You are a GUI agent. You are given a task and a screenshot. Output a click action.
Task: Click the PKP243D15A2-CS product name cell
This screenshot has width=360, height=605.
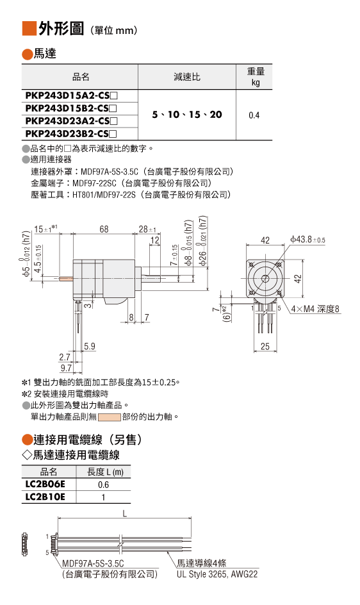point(79,95)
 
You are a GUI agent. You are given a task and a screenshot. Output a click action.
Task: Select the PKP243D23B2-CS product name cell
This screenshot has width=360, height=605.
point(79,134)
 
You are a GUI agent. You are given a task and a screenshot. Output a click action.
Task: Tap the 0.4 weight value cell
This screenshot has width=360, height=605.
point(254,115)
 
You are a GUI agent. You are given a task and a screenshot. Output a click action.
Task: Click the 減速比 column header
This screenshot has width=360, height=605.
point(187,77)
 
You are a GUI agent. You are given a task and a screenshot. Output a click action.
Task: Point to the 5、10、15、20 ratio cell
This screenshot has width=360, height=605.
point(187,115)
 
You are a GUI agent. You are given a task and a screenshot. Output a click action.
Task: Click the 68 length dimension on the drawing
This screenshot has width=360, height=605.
point(104,229)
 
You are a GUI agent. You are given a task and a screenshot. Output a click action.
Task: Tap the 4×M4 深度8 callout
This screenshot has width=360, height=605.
point(315,309)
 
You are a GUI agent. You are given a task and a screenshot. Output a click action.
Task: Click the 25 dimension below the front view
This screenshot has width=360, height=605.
point(265,346)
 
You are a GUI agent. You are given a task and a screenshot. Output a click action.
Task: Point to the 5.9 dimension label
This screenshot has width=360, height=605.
point(90,346)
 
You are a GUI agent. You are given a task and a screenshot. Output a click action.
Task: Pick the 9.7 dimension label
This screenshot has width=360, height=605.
point(66,368)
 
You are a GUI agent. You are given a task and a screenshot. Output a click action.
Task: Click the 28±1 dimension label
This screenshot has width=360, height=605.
point(147,229)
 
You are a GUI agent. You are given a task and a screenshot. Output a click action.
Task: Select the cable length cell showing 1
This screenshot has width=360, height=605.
point(103,497)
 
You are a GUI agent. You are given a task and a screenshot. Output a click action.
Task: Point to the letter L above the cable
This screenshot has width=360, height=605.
point(125,513)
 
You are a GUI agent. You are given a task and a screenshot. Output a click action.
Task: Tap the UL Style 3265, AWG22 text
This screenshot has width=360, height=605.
point(217,574)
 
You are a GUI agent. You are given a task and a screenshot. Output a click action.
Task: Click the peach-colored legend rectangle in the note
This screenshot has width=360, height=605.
point(110,417)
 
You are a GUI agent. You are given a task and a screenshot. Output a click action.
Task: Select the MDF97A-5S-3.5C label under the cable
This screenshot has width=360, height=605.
point(93,563)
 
